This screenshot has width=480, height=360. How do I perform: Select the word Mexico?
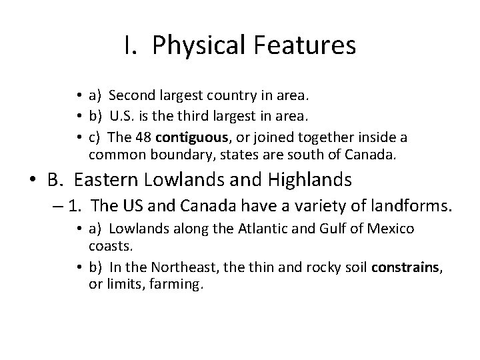pos(393,229)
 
